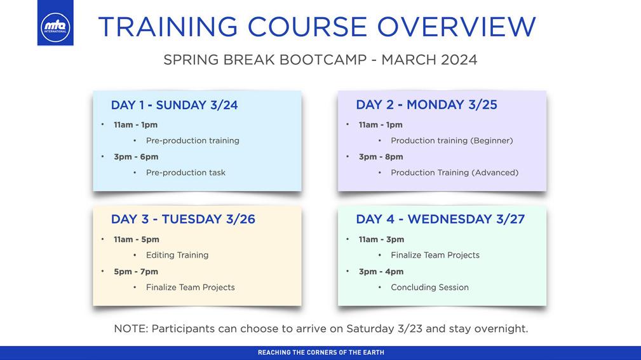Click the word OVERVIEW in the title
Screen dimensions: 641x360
point(456,27)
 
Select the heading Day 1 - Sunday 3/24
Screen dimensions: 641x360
point(174,105)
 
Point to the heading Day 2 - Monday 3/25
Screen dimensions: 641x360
point(426,105)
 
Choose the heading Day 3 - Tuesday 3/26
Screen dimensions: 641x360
point(183,219)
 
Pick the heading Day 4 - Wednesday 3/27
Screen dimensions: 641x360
point(440,219)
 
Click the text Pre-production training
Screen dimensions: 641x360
point(192,140)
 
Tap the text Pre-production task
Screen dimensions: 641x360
point(186,173)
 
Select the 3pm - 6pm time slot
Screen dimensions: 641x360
point(136,157)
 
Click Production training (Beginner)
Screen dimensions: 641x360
point(452,140)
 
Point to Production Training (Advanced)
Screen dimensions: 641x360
point(455,173)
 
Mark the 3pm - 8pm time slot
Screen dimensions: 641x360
point(381,157)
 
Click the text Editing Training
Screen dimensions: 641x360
point(177,255)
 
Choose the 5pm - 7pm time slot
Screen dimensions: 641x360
point(136,272)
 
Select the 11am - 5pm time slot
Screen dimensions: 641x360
point(137,239)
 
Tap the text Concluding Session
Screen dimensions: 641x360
point(429,287)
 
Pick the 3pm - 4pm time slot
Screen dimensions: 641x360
point(381,272)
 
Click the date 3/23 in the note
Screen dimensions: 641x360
point(410,328)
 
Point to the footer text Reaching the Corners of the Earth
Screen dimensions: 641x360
point(321,352)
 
